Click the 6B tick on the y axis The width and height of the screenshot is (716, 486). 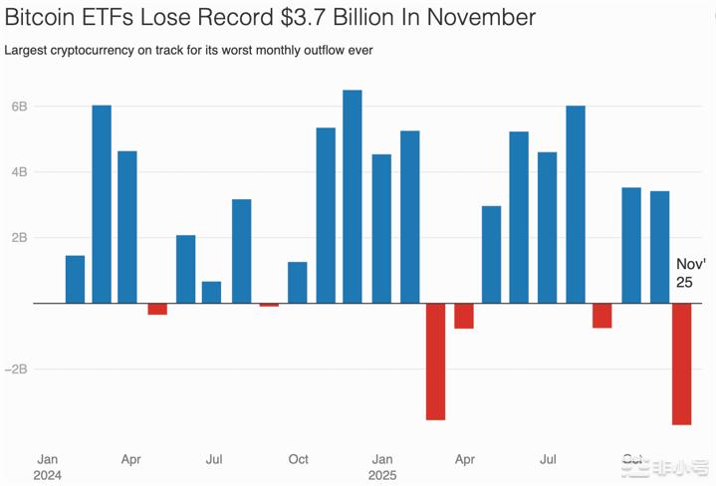(19, 107)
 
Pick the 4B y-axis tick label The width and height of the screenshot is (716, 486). (19, 172)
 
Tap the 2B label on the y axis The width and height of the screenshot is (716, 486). (19, 238)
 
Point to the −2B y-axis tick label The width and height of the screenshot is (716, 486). (17, 368)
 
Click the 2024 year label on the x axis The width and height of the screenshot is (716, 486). (48, 475)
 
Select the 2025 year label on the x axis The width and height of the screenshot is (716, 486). (382, 475)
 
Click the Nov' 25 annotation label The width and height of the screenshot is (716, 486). (690, 274)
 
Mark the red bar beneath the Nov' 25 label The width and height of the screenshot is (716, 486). (681, 364)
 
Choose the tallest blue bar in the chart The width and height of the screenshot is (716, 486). (353, 196)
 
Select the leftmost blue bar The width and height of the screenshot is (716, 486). (76, 279)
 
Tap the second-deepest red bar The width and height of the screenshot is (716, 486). (435, 361)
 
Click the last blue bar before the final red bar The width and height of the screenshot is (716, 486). (659, 247)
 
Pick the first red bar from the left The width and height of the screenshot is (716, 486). (157, 309)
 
